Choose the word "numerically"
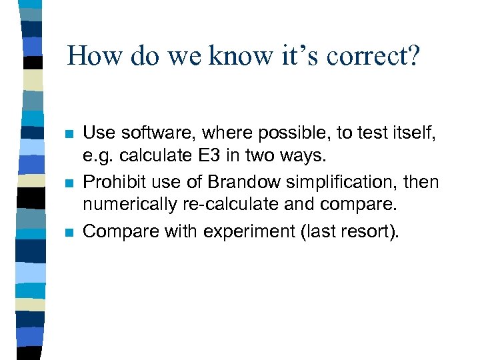(x=123, y=206)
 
